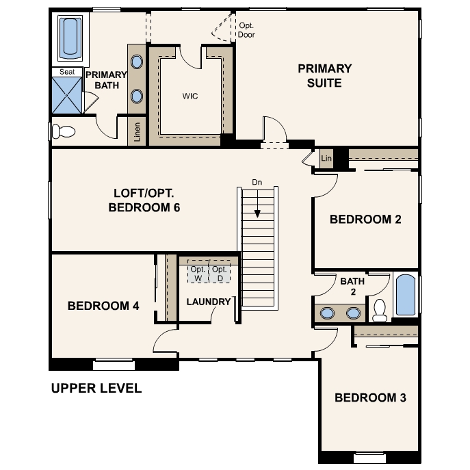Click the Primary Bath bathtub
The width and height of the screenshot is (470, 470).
(x=70, y=38)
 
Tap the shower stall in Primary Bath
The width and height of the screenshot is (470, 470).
(x=67, y=95)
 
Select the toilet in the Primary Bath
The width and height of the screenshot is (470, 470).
(x=64, y=131)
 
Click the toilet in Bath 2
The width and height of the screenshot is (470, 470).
(x=380, y=310)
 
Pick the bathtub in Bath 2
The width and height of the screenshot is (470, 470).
(x=406, y=295)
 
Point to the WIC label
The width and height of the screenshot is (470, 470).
(x=190, y=96)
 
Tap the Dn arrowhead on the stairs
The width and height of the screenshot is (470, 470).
(x=257, y=213)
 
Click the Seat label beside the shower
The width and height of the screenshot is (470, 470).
(x=67, y=72)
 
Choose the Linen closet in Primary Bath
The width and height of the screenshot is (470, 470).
(x=137, y=131)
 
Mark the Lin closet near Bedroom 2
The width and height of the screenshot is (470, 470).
(x=326, y=158)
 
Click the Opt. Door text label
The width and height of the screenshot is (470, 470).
(x=246, y=30)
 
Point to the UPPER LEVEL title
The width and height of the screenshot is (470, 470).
(x=96, y=388)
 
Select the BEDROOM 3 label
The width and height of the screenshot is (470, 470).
(x=370, y=397)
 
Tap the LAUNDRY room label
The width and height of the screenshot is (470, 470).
(x=209, y=302)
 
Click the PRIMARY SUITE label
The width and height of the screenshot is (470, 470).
(x=325, y=75)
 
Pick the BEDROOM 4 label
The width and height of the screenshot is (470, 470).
(x=103, y=306)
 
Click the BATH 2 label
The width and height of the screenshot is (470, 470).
(x=352, y=286)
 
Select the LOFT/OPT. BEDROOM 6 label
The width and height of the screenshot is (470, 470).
(x=144, y=200)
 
